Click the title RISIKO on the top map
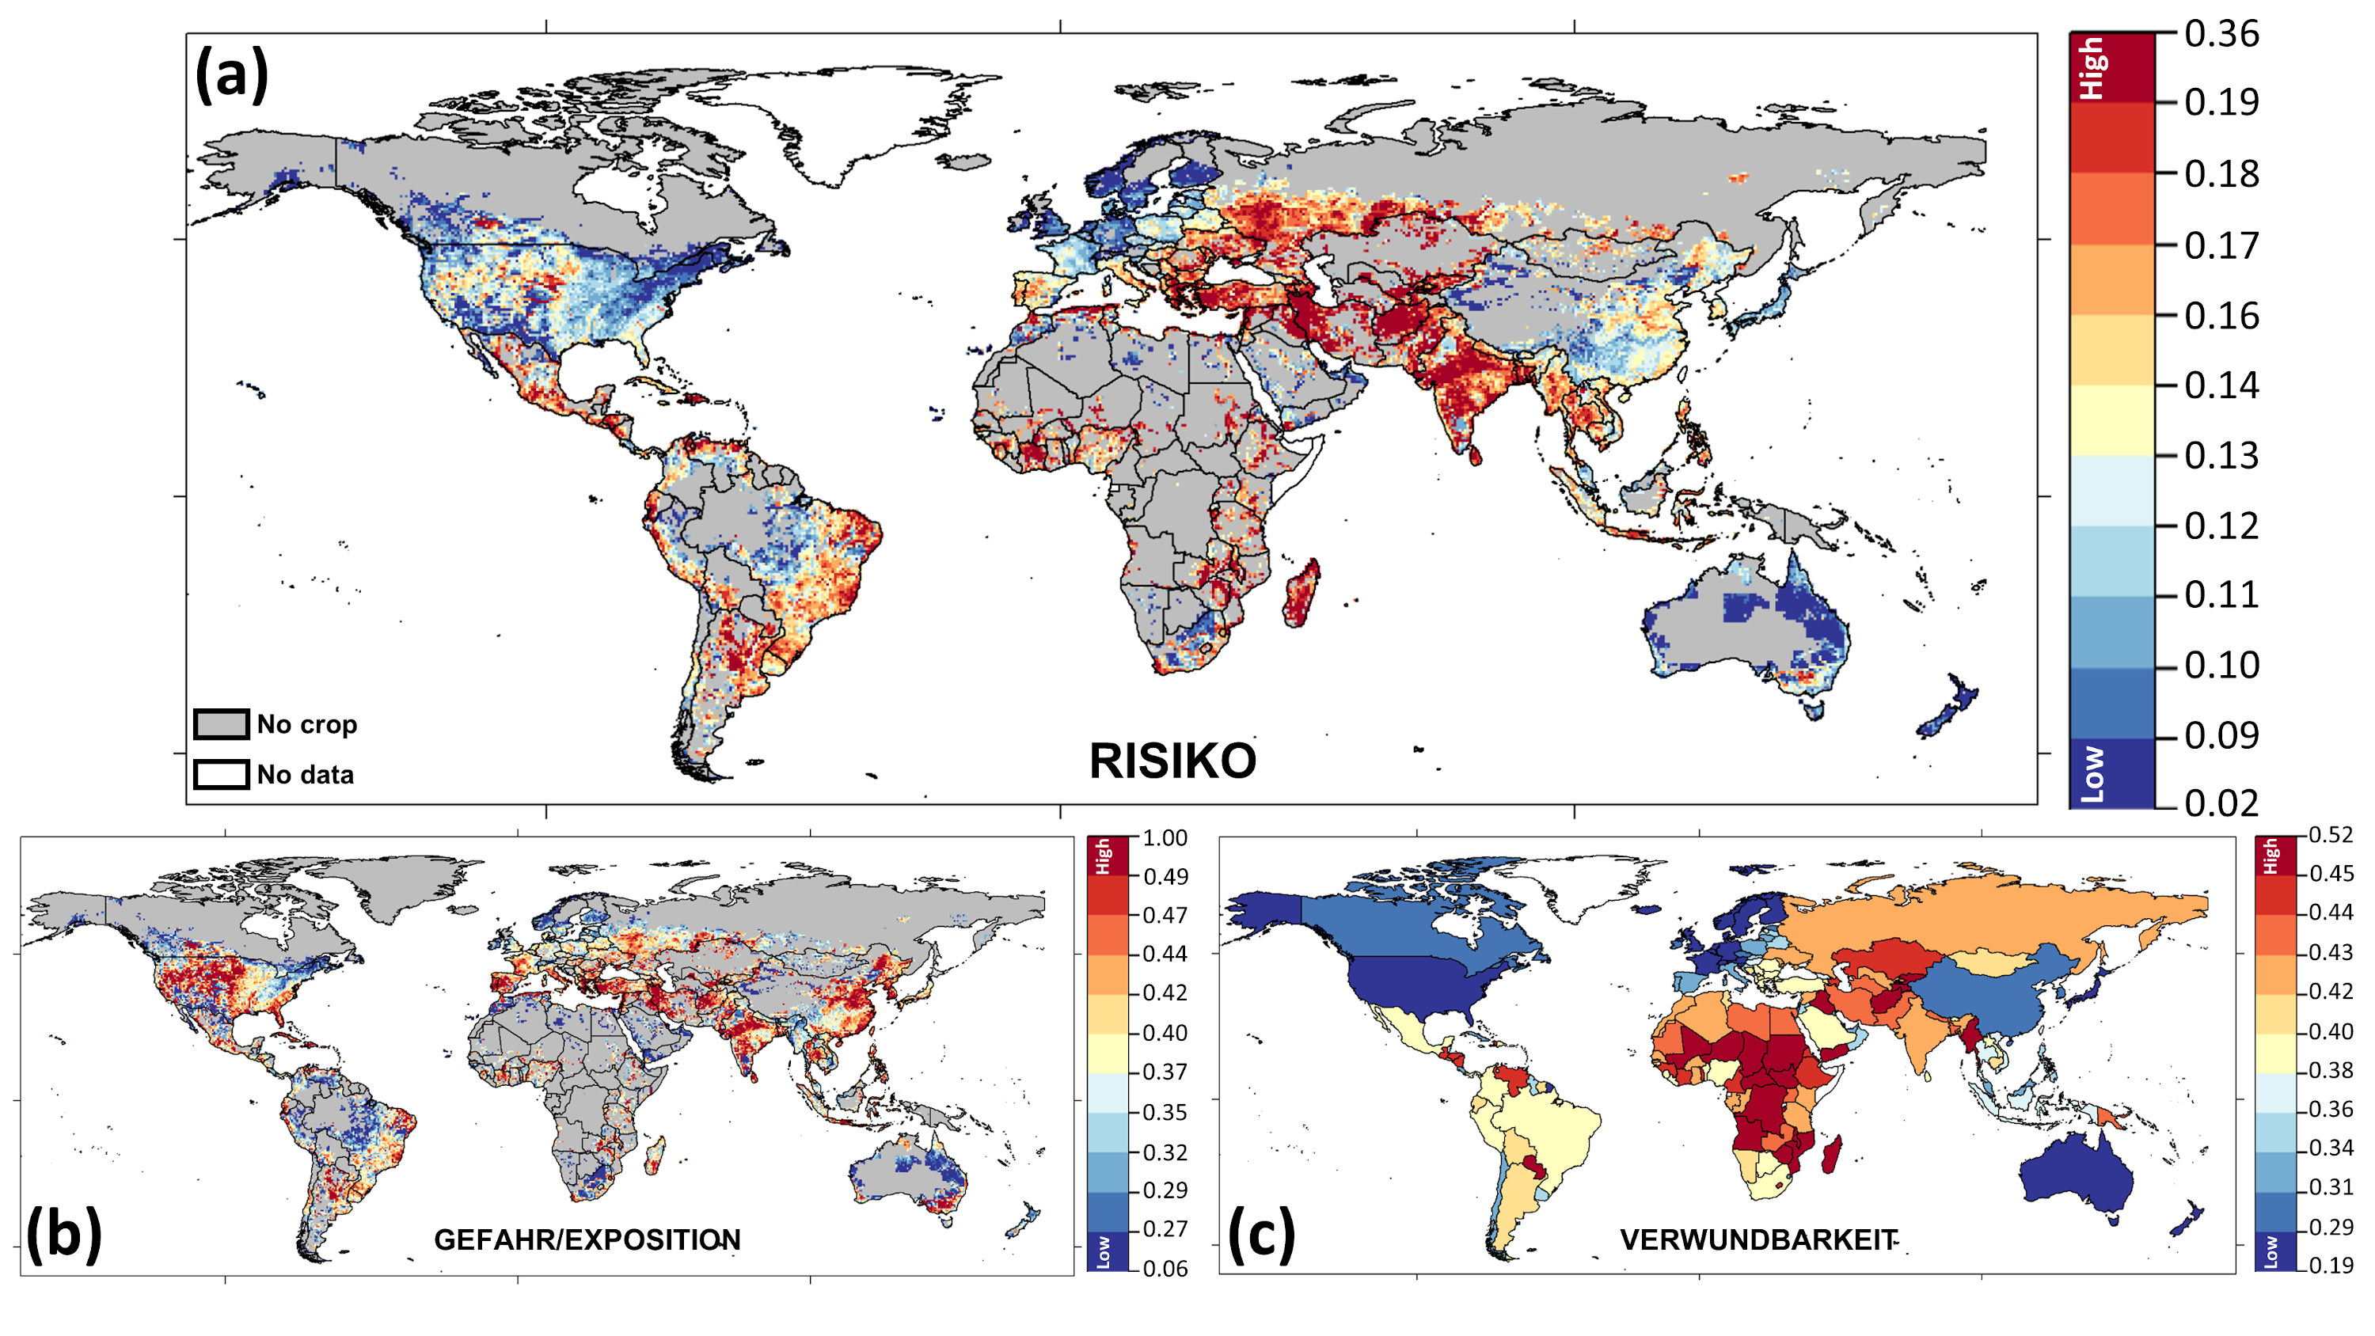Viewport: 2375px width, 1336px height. [x=1172, y=761]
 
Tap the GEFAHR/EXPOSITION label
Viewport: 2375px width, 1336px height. [x=587, y=1240]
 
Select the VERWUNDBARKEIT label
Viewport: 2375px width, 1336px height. [x=1758, y=1240]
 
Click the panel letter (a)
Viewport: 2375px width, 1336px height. [x=232, y=74]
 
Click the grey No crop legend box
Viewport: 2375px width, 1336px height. [x=222, y=723]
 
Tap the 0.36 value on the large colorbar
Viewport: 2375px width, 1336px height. [x=2221, y=35]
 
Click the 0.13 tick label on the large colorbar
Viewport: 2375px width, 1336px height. [x=2221, y=455]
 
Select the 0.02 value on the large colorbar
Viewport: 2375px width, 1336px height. [x=2221, y=803]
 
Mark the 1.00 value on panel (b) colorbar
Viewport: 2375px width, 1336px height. [x=1165, y=838]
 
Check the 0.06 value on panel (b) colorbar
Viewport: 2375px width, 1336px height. [x=1165, y=1269]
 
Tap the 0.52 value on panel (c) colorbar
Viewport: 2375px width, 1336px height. [x=2331, y=835]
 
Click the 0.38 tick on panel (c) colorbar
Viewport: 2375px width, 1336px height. [x=2331, y=1070]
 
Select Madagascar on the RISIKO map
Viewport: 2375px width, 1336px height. [x=1301, y=594]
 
